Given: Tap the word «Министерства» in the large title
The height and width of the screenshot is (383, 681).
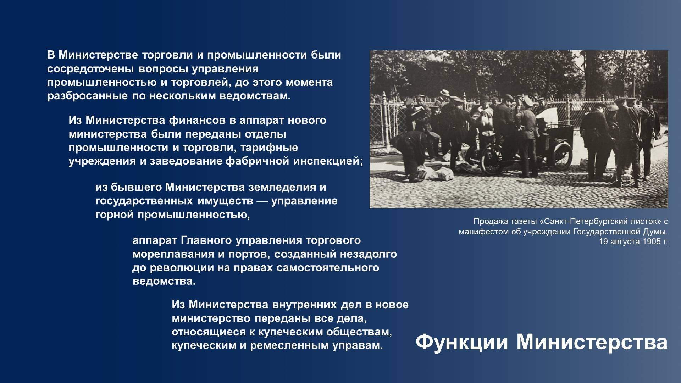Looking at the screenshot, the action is pos(592,343).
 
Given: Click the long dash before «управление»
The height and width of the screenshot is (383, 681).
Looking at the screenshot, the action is pos(262,201).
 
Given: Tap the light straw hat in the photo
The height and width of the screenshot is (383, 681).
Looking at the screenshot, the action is pos(444,93).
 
